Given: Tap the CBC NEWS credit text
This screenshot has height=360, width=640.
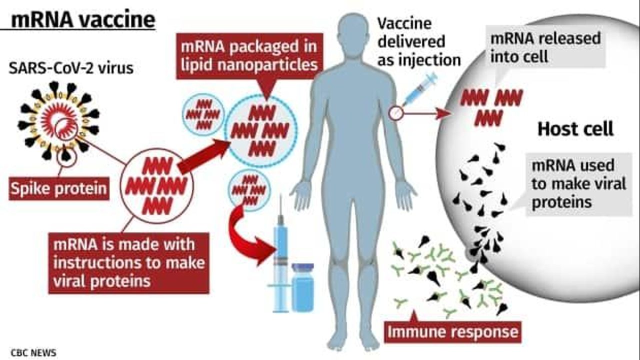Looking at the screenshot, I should pyautogui.click(x=33, y=352).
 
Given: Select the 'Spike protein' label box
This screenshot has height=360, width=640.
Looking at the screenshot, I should pyautogui.click(x=59, y=189).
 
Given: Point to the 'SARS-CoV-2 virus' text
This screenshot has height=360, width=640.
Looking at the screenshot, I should pyautogui.click(x=71, y=68).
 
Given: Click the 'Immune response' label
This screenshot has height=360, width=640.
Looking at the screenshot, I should pyautogui.click(x=453, y=332).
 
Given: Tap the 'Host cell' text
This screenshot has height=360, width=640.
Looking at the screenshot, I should pyautogui.click(x=575, y=129).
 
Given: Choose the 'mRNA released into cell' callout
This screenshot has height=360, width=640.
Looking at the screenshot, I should pyautogui.click(x=545, y=47).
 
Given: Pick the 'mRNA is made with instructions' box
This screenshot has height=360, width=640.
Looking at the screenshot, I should pyautogui.click(x=129, y=262).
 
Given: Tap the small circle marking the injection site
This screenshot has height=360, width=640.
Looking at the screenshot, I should pyautogui.click(x=395, y=113).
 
